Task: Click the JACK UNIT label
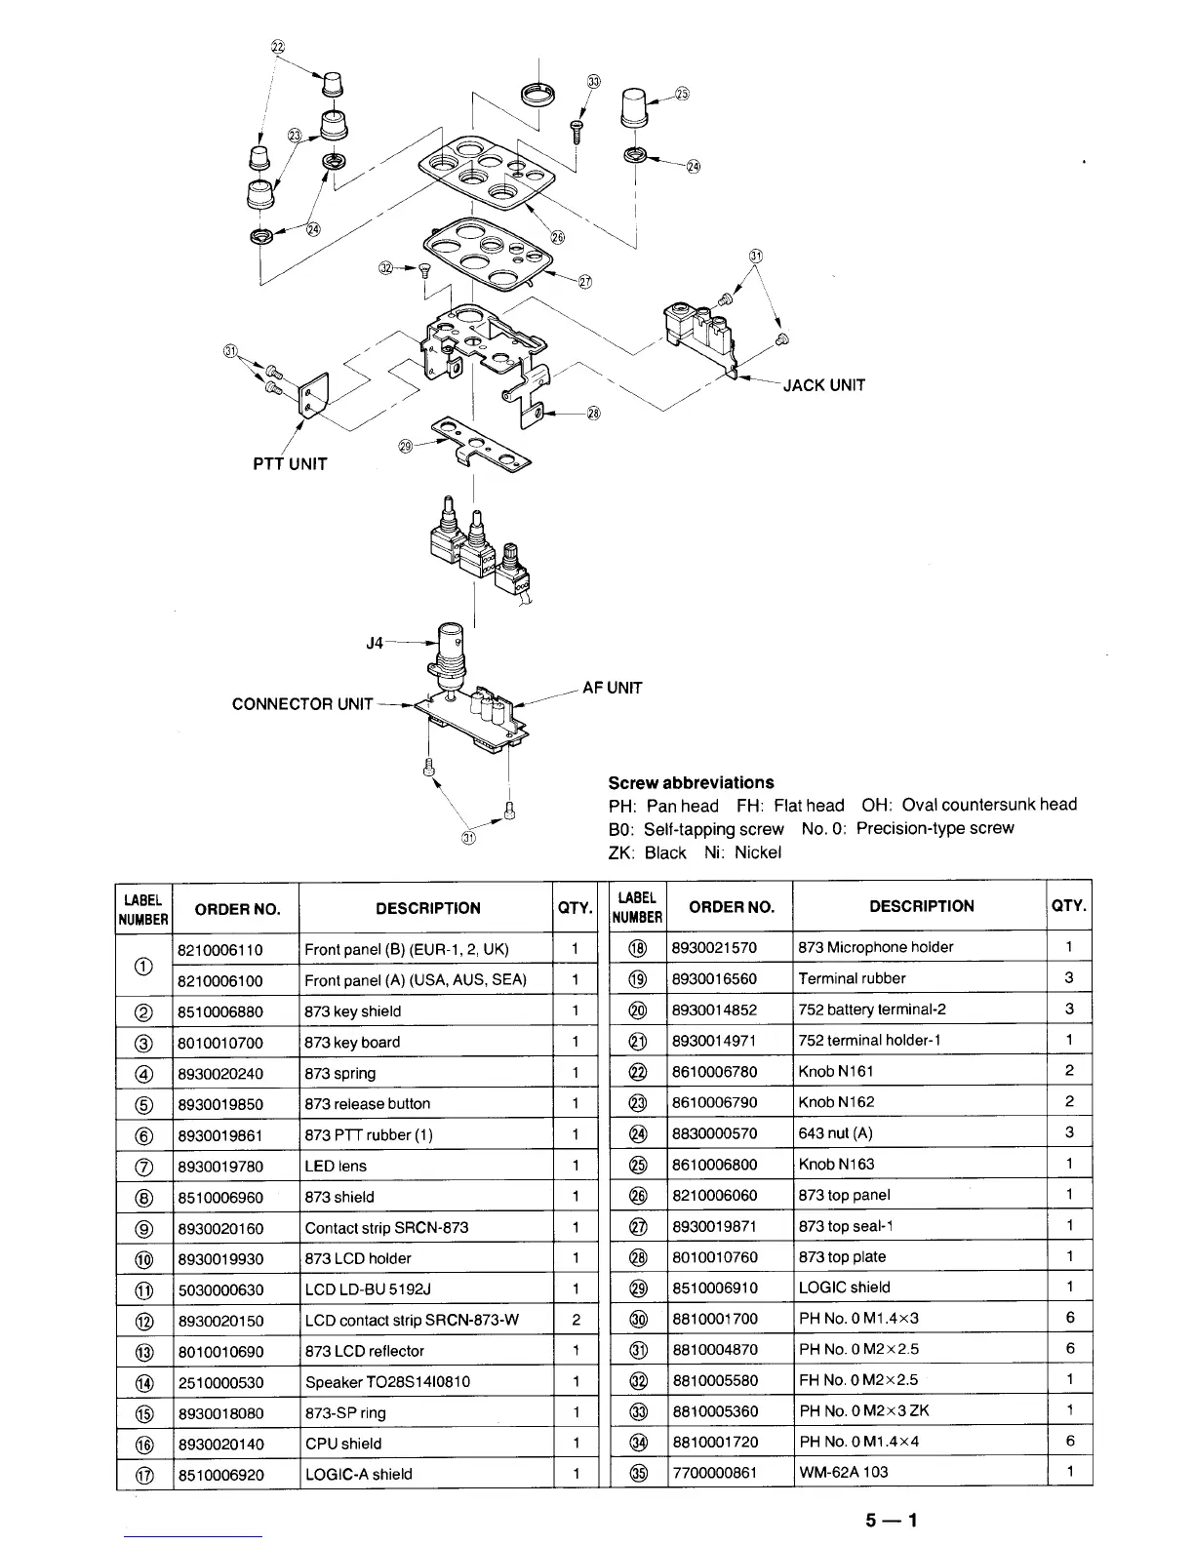point(824,385)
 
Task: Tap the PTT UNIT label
point(290,464)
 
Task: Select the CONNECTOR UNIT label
point(302,704)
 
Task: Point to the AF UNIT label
point(612,688)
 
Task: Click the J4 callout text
point(375,644)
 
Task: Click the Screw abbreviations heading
point(691,782)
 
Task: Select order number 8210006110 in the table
point(220,949)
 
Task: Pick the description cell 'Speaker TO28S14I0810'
point(387,1382)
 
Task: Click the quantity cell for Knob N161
point(1069,1070)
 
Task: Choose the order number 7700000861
point(714,1472)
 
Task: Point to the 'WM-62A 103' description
point(843,1472)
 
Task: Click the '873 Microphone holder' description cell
point(875,947)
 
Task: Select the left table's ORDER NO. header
point(237,909)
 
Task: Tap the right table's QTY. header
point(1069,905)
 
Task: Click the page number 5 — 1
point(891,1519)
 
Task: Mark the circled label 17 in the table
point(143,1475)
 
